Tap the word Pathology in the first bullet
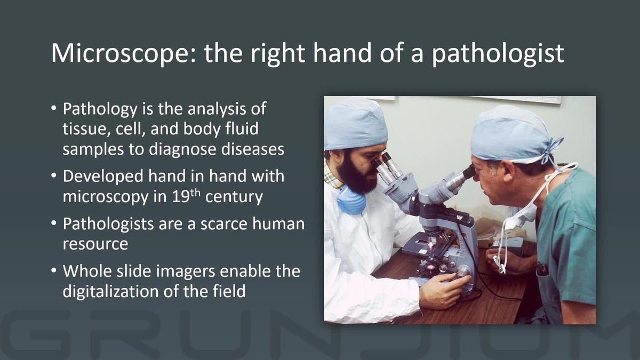click(x=100, y=110)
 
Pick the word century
click(x=234, y=197)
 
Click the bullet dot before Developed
click(x=54, y=176)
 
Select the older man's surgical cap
click(x=509, y=133)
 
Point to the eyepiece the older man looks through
click(x=467, y=173)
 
